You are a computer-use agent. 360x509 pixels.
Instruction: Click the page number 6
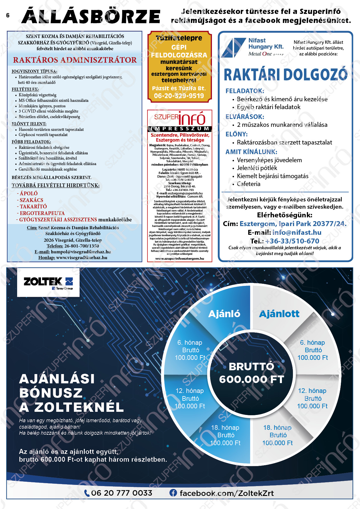click(8, 15)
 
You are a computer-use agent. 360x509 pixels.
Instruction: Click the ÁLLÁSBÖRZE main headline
click(91, 16)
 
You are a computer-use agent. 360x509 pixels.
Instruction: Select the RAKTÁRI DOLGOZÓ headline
click(285, 75)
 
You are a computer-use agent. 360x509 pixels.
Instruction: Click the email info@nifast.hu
click(297, 232)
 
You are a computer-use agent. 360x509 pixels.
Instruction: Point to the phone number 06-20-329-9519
click(179, 96)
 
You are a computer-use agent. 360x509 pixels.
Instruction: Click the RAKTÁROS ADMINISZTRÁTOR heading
click(75, 60)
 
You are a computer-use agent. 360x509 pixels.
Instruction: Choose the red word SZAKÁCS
click(31, 200)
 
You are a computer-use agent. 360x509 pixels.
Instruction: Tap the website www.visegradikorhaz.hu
click(82, 257)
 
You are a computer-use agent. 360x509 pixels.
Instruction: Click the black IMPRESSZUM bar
click(180, 129)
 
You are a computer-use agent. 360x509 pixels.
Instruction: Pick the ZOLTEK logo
click(48, 282)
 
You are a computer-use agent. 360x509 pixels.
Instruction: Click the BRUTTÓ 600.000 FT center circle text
click(251, 373)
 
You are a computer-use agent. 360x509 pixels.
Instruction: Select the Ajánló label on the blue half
click(224, 314)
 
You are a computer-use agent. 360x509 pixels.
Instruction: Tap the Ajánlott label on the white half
click(279, 314)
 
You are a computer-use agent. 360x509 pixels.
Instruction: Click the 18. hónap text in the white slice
click(277, 427)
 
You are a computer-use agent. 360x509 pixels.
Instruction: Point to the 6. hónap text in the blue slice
click(190, 342)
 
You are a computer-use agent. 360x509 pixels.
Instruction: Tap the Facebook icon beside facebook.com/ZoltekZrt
click(173, 493)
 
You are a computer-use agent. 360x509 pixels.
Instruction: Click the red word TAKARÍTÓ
click(33, 207)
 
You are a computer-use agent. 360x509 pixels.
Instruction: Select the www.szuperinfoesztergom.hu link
click(180, 259)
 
